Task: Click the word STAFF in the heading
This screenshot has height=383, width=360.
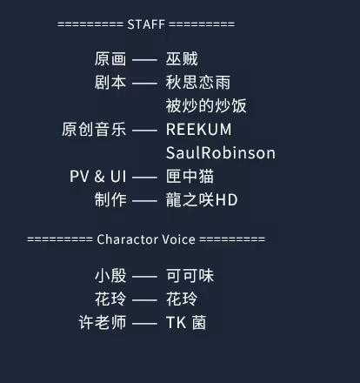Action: point(146,24)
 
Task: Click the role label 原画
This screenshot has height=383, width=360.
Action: point(110,59)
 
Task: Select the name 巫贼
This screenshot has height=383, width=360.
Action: point(182,59)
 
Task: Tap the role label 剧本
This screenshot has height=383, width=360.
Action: point(110,83)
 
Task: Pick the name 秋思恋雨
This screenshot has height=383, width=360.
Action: point(198,83)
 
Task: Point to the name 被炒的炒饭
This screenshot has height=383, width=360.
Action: point(206,105)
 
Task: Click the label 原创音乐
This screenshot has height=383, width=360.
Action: point(94,129)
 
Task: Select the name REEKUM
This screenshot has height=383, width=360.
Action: point(199,130)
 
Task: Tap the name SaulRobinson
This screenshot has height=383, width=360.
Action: point(221,152)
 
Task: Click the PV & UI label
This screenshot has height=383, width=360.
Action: point(98,176)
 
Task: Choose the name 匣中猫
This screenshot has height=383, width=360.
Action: point(190,176)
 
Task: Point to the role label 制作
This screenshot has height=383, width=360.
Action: point(110,199)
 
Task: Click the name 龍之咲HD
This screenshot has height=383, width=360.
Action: point(202,199)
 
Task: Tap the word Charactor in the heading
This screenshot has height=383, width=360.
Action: point(127,239)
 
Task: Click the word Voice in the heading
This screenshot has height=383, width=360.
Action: point(178,239)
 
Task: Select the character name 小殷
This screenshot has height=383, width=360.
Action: point(110,275)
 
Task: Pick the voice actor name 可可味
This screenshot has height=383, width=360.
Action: point(190,275)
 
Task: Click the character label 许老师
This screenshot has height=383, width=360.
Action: point(103,322)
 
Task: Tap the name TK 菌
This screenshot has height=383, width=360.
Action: point(186,322)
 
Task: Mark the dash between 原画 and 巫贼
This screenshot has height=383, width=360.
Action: point(144,60)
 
